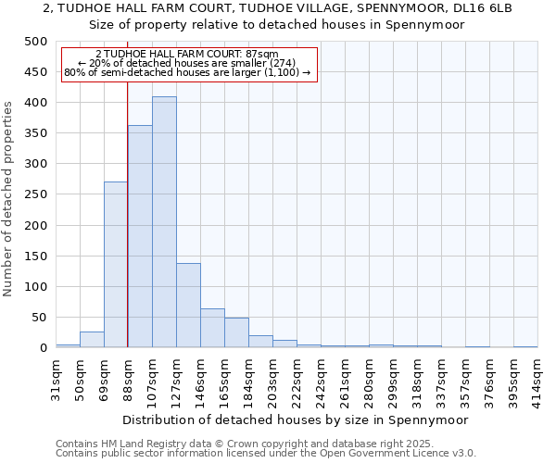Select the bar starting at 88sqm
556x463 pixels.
point(140,236)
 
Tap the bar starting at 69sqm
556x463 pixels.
point(116,265)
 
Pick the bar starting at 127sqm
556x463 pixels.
point(188,306)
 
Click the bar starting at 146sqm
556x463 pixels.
point(212,328)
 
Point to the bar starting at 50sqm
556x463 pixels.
point(92,340)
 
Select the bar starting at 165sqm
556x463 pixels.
point(236,332)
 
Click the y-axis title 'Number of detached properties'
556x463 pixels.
point(9,194)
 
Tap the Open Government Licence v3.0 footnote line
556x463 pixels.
point(265,454)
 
